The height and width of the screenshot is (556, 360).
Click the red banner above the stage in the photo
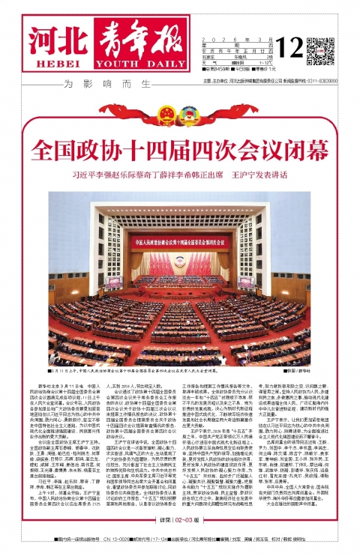click(x=180, y=241)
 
